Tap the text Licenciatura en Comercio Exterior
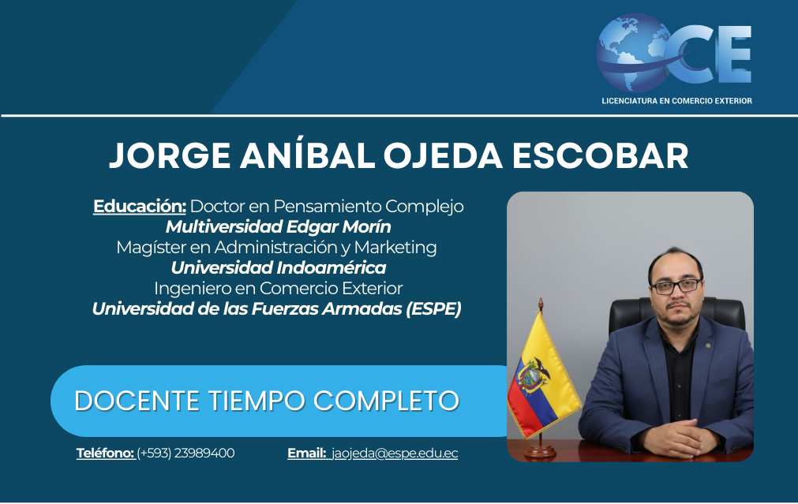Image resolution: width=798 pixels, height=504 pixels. pyautogui.click(x=676, y=101)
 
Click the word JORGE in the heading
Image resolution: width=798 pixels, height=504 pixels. pyautogui.click(x=170, y=155)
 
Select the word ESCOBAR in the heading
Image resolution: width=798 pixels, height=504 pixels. pyautogui.click(x=600, y=155)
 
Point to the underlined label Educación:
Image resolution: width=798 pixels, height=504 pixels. pyautogui.click(x=140, y=207)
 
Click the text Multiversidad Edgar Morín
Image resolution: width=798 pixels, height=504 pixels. pyautogui.click(x=279, y=226)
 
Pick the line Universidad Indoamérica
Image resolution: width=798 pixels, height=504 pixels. pyautogui.click(x=279, y=267)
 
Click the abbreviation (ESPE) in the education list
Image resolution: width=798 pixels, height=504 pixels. pyautogui.click(x=433, y=308)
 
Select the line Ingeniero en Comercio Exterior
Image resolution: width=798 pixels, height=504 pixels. pyautogui.click(x=279, y=289)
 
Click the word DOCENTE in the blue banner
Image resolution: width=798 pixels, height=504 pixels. pyautogui.click(x=137, y=401)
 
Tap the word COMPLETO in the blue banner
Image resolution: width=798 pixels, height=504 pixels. pyautogui.click(x=386, y=401)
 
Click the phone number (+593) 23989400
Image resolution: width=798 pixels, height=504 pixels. pyautogui.click(x=185, y=454)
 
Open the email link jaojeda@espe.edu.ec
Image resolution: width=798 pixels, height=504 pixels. pyautogui.click(x=395, y=454)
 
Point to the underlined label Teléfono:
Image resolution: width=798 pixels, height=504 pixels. pyautogui.click(x=105, y=454)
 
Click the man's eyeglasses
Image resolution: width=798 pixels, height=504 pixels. pyautogui.click(x=676, y=286)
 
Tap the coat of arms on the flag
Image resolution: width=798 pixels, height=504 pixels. pyautogui.click(x=532, y=375)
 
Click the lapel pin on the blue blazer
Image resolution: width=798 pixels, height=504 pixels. pyautogui.click(x=706, y=346)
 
